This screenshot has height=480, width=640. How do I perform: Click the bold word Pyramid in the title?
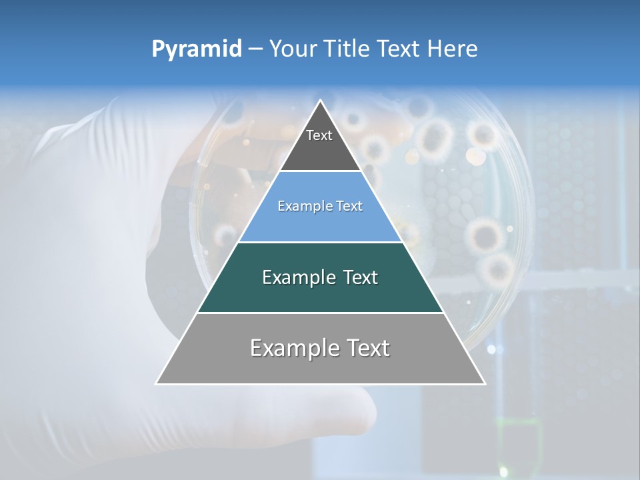(197, 49)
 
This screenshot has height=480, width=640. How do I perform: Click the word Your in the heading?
(293, 49)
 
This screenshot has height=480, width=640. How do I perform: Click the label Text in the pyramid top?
(319, 135)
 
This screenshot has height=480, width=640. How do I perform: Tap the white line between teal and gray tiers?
(320, 313)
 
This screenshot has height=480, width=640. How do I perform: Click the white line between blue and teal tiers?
(320, 242)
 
